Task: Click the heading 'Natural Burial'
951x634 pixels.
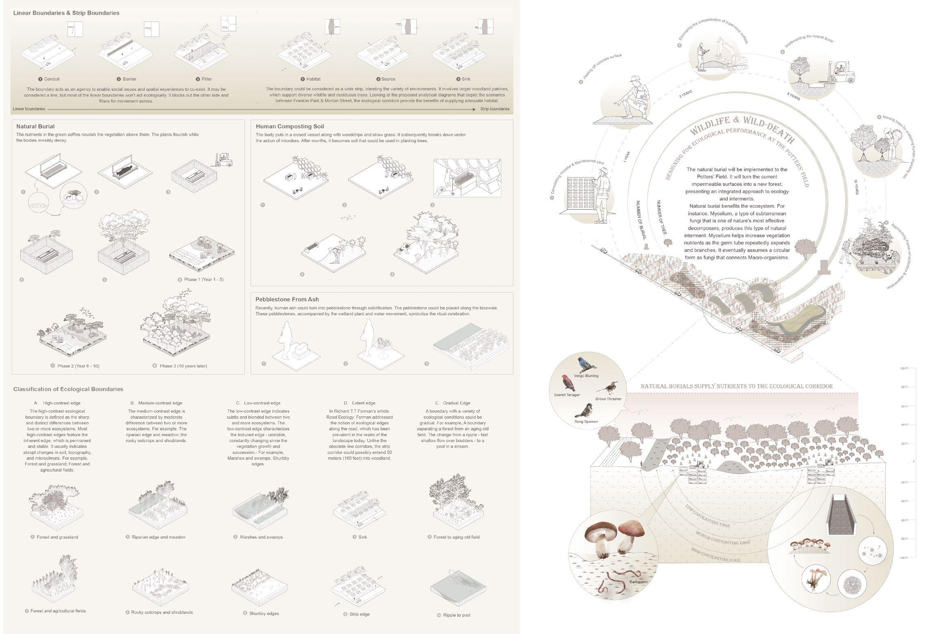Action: tap(35, 126)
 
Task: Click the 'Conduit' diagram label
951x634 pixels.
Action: tap(52, 79)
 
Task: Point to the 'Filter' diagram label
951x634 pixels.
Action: tap(206, 79)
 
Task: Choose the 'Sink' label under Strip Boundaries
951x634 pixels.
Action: tap(466, 79)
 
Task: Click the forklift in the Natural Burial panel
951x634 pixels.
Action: tap(224, 159)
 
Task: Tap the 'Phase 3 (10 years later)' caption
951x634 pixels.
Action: tap(183, 366)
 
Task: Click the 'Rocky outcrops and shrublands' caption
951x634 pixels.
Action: tap(162, 612)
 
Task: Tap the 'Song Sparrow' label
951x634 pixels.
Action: tap(586, 421)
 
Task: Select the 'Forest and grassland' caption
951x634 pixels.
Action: tap(57, 537)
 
